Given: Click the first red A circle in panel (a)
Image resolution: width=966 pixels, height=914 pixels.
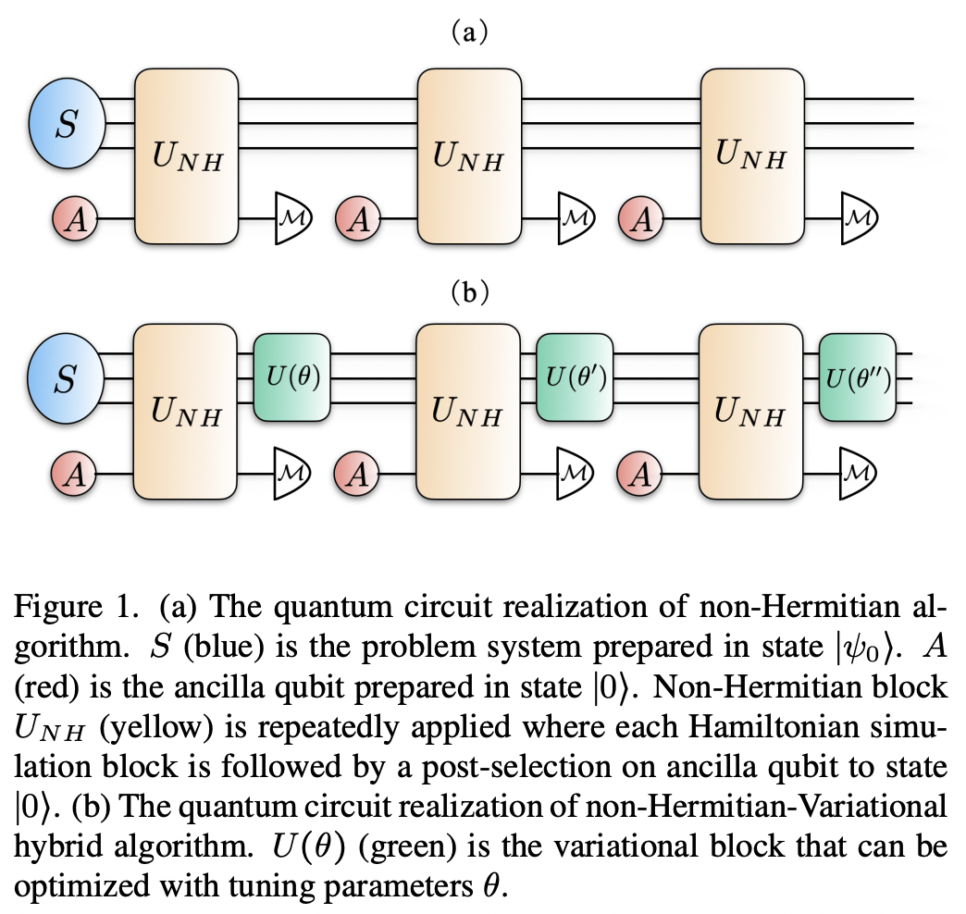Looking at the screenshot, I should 75,220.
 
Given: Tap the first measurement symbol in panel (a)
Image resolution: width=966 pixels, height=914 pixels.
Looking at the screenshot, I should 294,220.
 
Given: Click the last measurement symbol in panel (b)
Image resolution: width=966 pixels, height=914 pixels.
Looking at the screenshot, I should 859,476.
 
